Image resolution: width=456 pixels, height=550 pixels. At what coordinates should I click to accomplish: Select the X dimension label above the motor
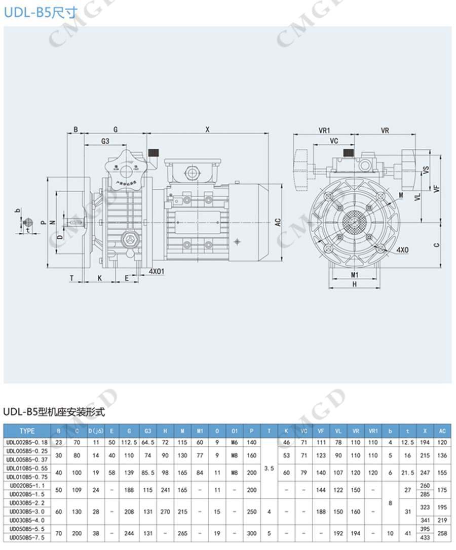207,130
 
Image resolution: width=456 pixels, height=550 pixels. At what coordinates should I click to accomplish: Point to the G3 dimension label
105,141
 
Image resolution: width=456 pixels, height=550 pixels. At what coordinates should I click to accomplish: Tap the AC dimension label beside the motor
278,222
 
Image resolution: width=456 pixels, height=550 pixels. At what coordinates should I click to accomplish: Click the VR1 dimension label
324,130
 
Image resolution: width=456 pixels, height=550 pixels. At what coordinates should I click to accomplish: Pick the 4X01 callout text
157,271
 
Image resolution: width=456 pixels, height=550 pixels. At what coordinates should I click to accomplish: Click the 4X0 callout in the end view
403,249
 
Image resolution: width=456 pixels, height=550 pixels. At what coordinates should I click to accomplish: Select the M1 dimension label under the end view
355,275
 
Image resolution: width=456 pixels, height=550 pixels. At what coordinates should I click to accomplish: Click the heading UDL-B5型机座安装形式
54,412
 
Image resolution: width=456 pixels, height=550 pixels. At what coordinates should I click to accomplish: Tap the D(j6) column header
96,431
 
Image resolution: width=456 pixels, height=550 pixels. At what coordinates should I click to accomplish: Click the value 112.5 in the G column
129,442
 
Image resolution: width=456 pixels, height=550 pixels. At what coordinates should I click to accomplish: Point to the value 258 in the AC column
442,533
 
